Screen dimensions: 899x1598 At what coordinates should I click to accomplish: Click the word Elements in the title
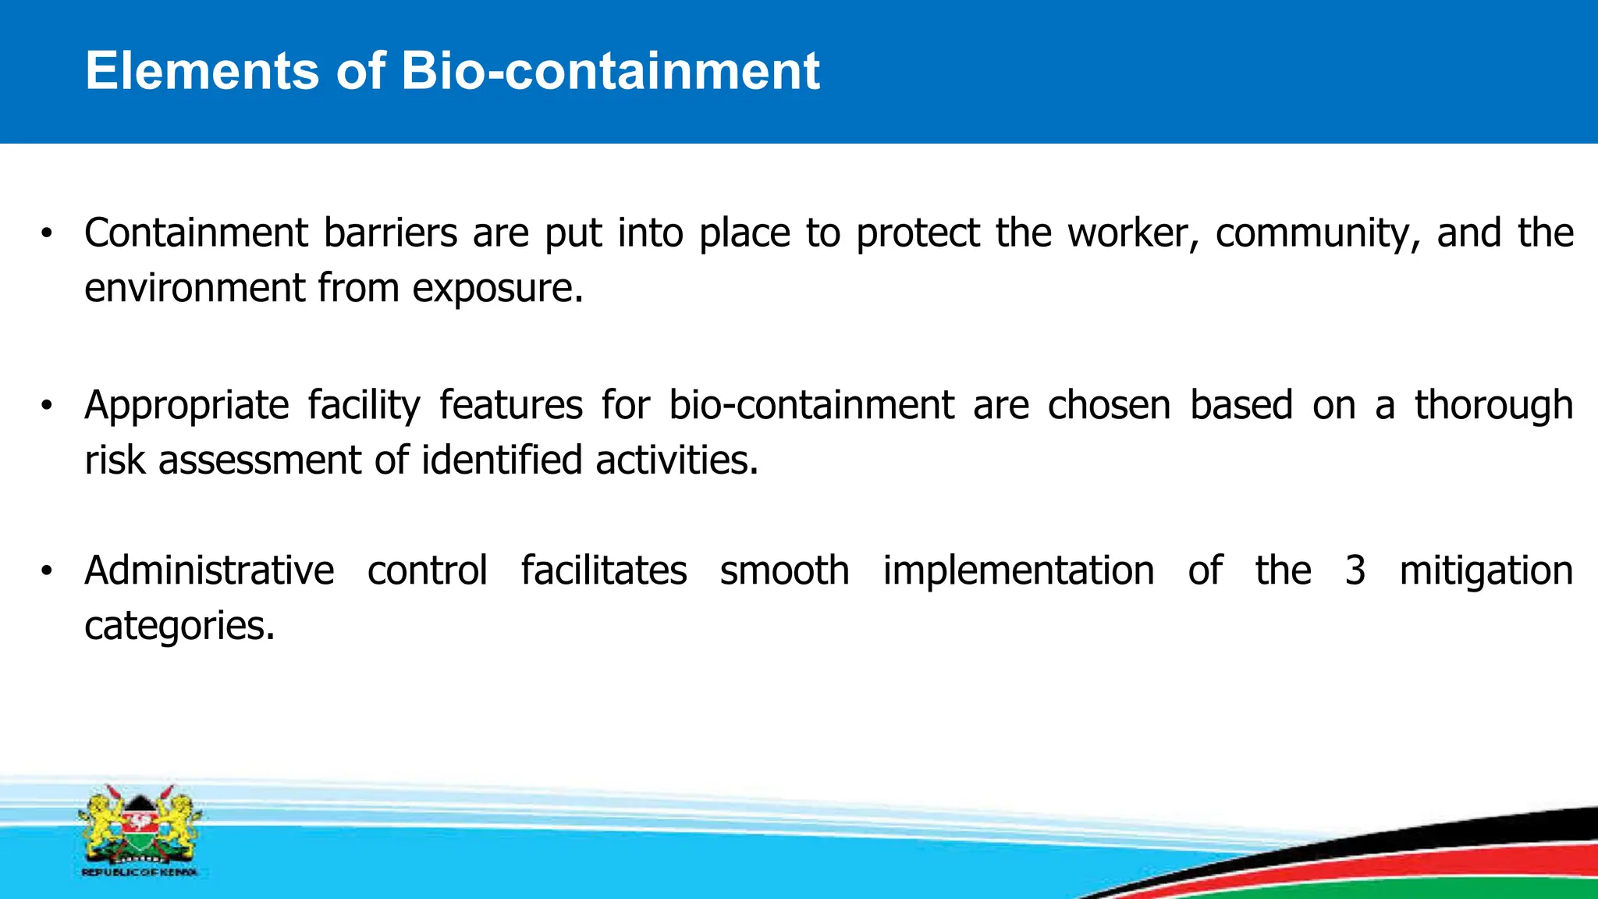pos(202,71)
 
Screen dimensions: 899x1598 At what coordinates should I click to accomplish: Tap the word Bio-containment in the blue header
pos(610,71)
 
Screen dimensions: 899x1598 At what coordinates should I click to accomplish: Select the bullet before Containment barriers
pos(47,233)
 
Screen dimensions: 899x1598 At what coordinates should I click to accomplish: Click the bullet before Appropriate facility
pos(47,406)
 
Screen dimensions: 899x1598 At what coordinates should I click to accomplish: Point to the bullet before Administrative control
pos(47,571)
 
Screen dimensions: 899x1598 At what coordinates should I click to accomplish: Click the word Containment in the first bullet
pos(196,233)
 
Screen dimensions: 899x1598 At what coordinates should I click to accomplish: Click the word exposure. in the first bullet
pos(497,289)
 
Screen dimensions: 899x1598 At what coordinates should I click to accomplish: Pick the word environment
pos(194,289)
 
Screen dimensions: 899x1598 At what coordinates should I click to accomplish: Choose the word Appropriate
pos(186,406)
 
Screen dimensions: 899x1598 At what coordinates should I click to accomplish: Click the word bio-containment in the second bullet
pos(811,406)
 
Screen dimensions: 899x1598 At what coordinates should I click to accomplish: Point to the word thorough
pos(1493,406)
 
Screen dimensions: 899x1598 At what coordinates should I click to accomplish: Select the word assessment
pos(260,460)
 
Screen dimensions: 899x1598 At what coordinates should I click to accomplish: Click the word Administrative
pos(209,571)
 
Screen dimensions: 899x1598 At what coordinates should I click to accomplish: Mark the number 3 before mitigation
pos(1355,571)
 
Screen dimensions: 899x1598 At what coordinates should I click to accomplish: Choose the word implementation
pos(1018,571)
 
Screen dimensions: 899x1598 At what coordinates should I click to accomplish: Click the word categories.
pos(179,626)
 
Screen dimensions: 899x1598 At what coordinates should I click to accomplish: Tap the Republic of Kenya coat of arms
pos(139,830)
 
